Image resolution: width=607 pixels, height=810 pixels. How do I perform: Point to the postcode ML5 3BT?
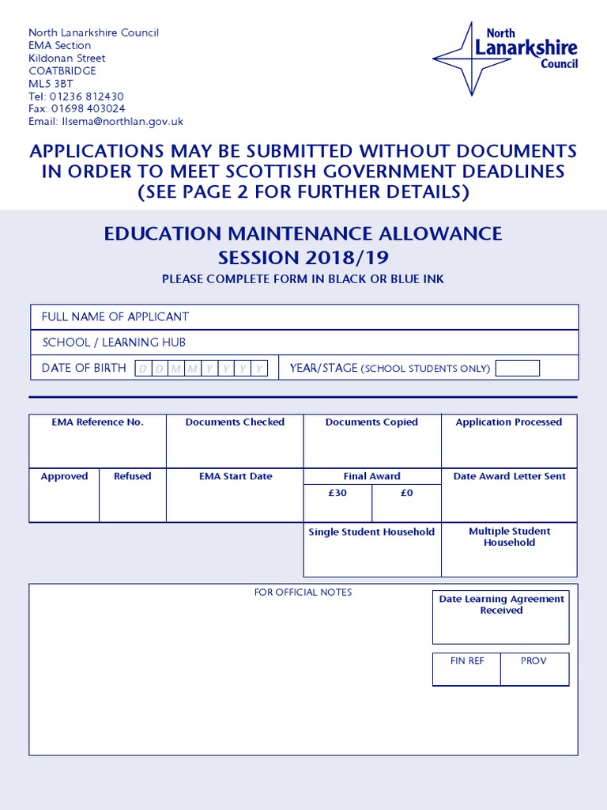pyautogui.click(x=51, y=84)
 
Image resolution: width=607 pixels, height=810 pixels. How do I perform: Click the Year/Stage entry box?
pyautogui.click(x=517, y=368)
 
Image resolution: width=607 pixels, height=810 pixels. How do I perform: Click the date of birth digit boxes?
pyautogui.click(x=202, y=369)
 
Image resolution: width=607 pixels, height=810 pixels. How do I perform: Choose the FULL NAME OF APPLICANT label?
pyautogui.click(x=115, y=317)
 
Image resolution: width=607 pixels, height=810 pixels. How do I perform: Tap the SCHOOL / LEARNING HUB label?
pyautogui.click(x=114, y=343)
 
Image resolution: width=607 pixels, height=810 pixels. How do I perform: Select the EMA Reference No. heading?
pyautogui.click(x=98, y=422)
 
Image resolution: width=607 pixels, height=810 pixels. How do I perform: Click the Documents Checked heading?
pyautogui.click(x=235, y=422)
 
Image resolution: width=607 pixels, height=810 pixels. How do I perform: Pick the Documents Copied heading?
pyautogui.click(x=371, y=422)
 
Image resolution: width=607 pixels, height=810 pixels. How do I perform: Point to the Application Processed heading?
pyautogui.click(x=509, y=422)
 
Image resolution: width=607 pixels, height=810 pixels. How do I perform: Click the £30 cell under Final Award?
pyautogui.click(x=337, y=493)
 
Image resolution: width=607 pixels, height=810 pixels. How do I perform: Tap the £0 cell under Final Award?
pyautogui.click(x=406, y=493)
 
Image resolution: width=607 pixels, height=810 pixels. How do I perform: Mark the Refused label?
pyautogui.click(x=133, y=476)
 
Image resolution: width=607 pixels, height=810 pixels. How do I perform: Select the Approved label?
pyautogui.click(x=65, y=476)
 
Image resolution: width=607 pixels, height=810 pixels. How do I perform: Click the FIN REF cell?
pyautogui.click(x=466, y=661)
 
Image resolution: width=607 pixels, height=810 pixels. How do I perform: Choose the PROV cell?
pyautogui.click(x=533, y=661)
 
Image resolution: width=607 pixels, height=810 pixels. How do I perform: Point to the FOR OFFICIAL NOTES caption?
pyautogui.click(x=303, y=592)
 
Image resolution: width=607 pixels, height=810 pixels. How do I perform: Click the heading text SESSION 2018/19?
pyautogui.click(x=303, y=258)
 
